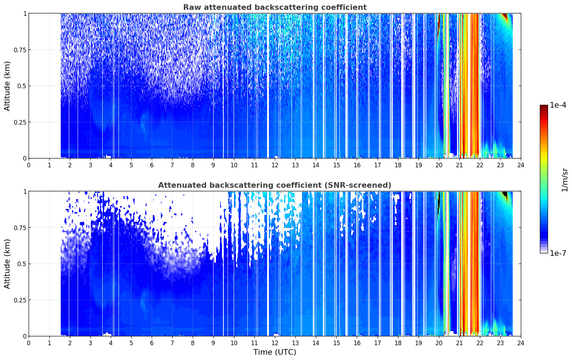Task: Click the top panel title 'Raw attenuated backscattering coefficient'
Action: (x=275, y=7)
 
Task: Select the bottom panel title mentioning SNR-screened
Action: (x=275, y=185)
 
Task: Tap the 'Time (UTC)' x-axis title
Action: (x=275, y=352)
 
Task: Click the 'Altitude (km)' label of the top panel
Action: (x=7, y=86)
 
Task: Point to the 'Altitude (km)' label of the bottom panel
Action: (x=7, y=264)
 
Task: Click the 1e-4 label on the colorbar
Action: (x=558, y=105)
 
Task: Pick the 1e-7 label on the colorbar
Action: (x=558, y=253)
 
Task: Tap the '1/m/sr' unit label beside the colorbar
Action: (x=565, y=180)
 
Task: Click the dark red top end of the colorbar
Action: (x=544, y=106)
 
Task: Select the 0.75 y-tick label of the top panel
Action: (x=20, y=50)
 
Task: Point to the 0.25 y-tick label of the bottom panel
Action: (x=20, y=300)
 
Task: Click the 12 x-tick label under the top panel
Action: (x=275, y=165)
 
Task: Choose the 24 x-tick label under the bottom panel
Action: (x=521, y=343)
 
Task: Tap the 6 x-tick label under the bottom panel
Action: (x=152, y=343)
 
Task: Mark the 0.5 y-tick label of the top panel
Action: (x=22, y=86)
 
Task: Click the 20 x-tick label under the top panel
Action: (x=439, y=165)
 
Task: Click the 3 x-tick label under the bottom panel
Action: (x=90, y=343)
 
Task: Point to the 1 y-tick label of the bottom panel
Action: (x=25, y=192)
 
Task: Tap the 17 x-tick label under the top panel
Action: (x=378, y=165)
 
